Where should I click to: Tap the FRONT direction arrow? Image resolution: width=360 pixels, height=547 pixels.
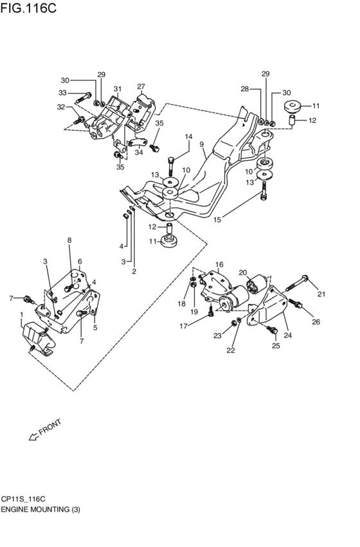click(33, 437)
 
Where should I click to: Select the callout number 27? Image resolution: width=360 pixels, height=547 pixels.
click(141, 86)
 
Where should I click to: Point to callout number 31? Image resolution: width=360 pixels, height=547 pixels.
click(118, 89)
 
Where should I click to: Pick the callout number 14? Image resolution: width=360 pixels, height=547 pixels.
click(189, 137)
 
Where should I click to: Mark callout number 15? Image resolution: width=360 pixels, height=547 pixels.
click(217, 220)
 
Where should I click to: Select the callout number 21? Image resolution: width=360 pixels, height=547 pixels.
click(321, 294)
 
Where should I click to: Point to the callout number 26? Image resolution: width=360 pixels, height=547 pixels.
click(316, 322)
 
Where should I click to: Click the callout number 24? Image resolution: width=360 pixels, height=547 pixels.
click(287, 335)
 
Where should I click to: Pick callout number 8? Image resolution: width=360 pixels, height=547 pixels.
click(69, 240)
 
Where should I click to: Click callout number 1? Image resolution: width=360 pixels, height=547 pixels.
click(21, 314)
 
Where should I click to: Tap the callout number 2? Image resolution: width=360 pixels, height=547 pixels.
click(134, 271)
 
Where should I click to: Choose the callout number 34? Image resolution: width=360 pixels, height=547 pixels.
click(138, 152)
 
